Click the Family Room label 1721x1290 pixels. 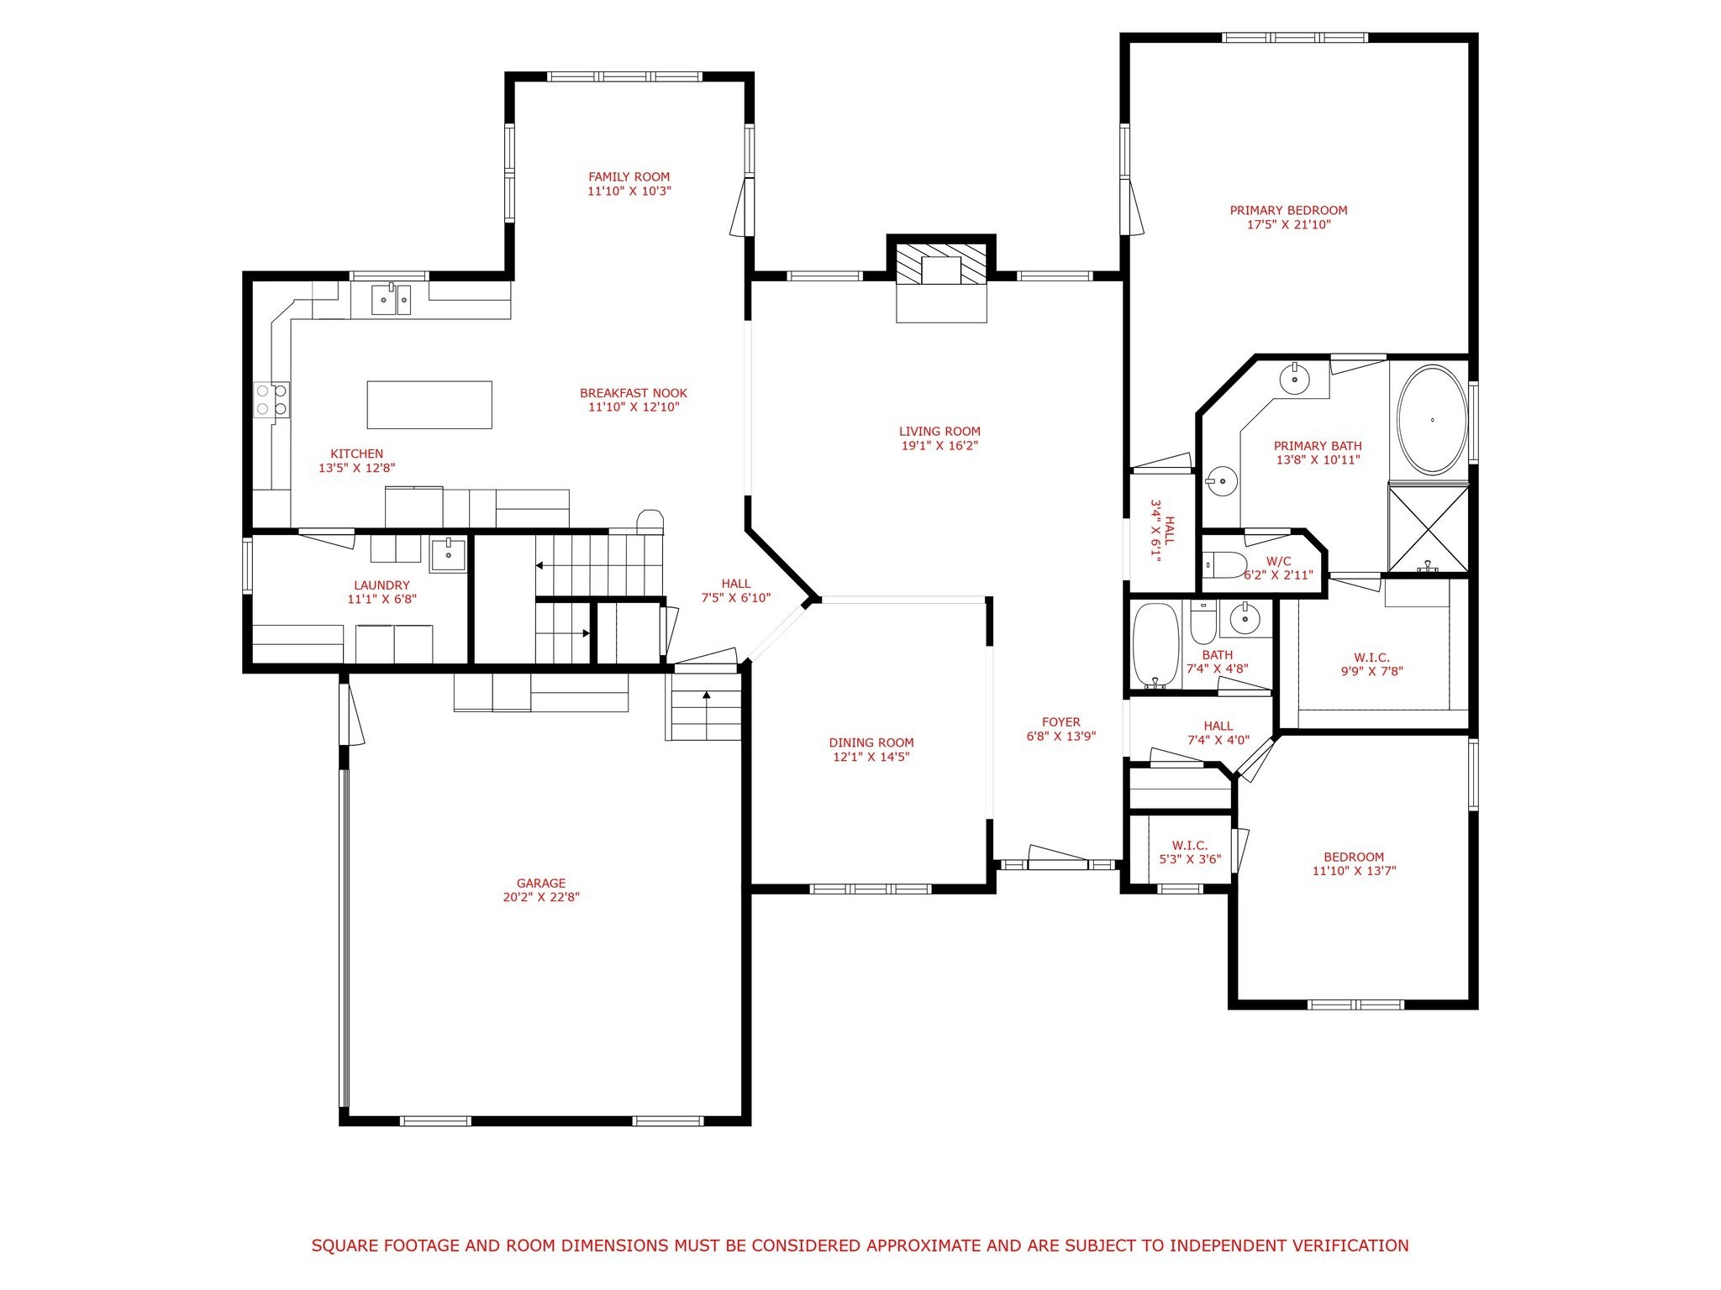pos(629,177)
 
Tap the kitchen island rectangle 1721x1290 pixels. pos(429,405)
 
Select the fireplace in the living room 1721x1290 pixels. pos(940,268)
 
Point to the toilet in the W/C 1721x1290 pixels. pos(1224,564)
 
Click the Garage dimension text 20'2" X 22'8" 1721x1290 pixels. pos(541,897)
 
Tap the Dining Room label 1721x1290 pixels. pos(871,742)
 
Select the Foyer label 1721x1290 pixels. pos(1060,722)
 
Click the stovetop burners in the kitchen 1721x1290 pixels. pos(271,399)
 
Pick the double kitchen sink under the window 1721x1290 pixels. pos(392,298)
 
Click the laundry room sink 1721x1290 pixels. pos(449,555)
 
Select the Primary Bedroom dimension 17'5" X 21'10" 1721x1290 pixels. pos(1288,225)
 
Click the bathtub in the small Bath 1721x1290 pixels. pos(1155,646)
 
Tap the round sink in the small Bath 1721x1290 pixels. pos(1245,620)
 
